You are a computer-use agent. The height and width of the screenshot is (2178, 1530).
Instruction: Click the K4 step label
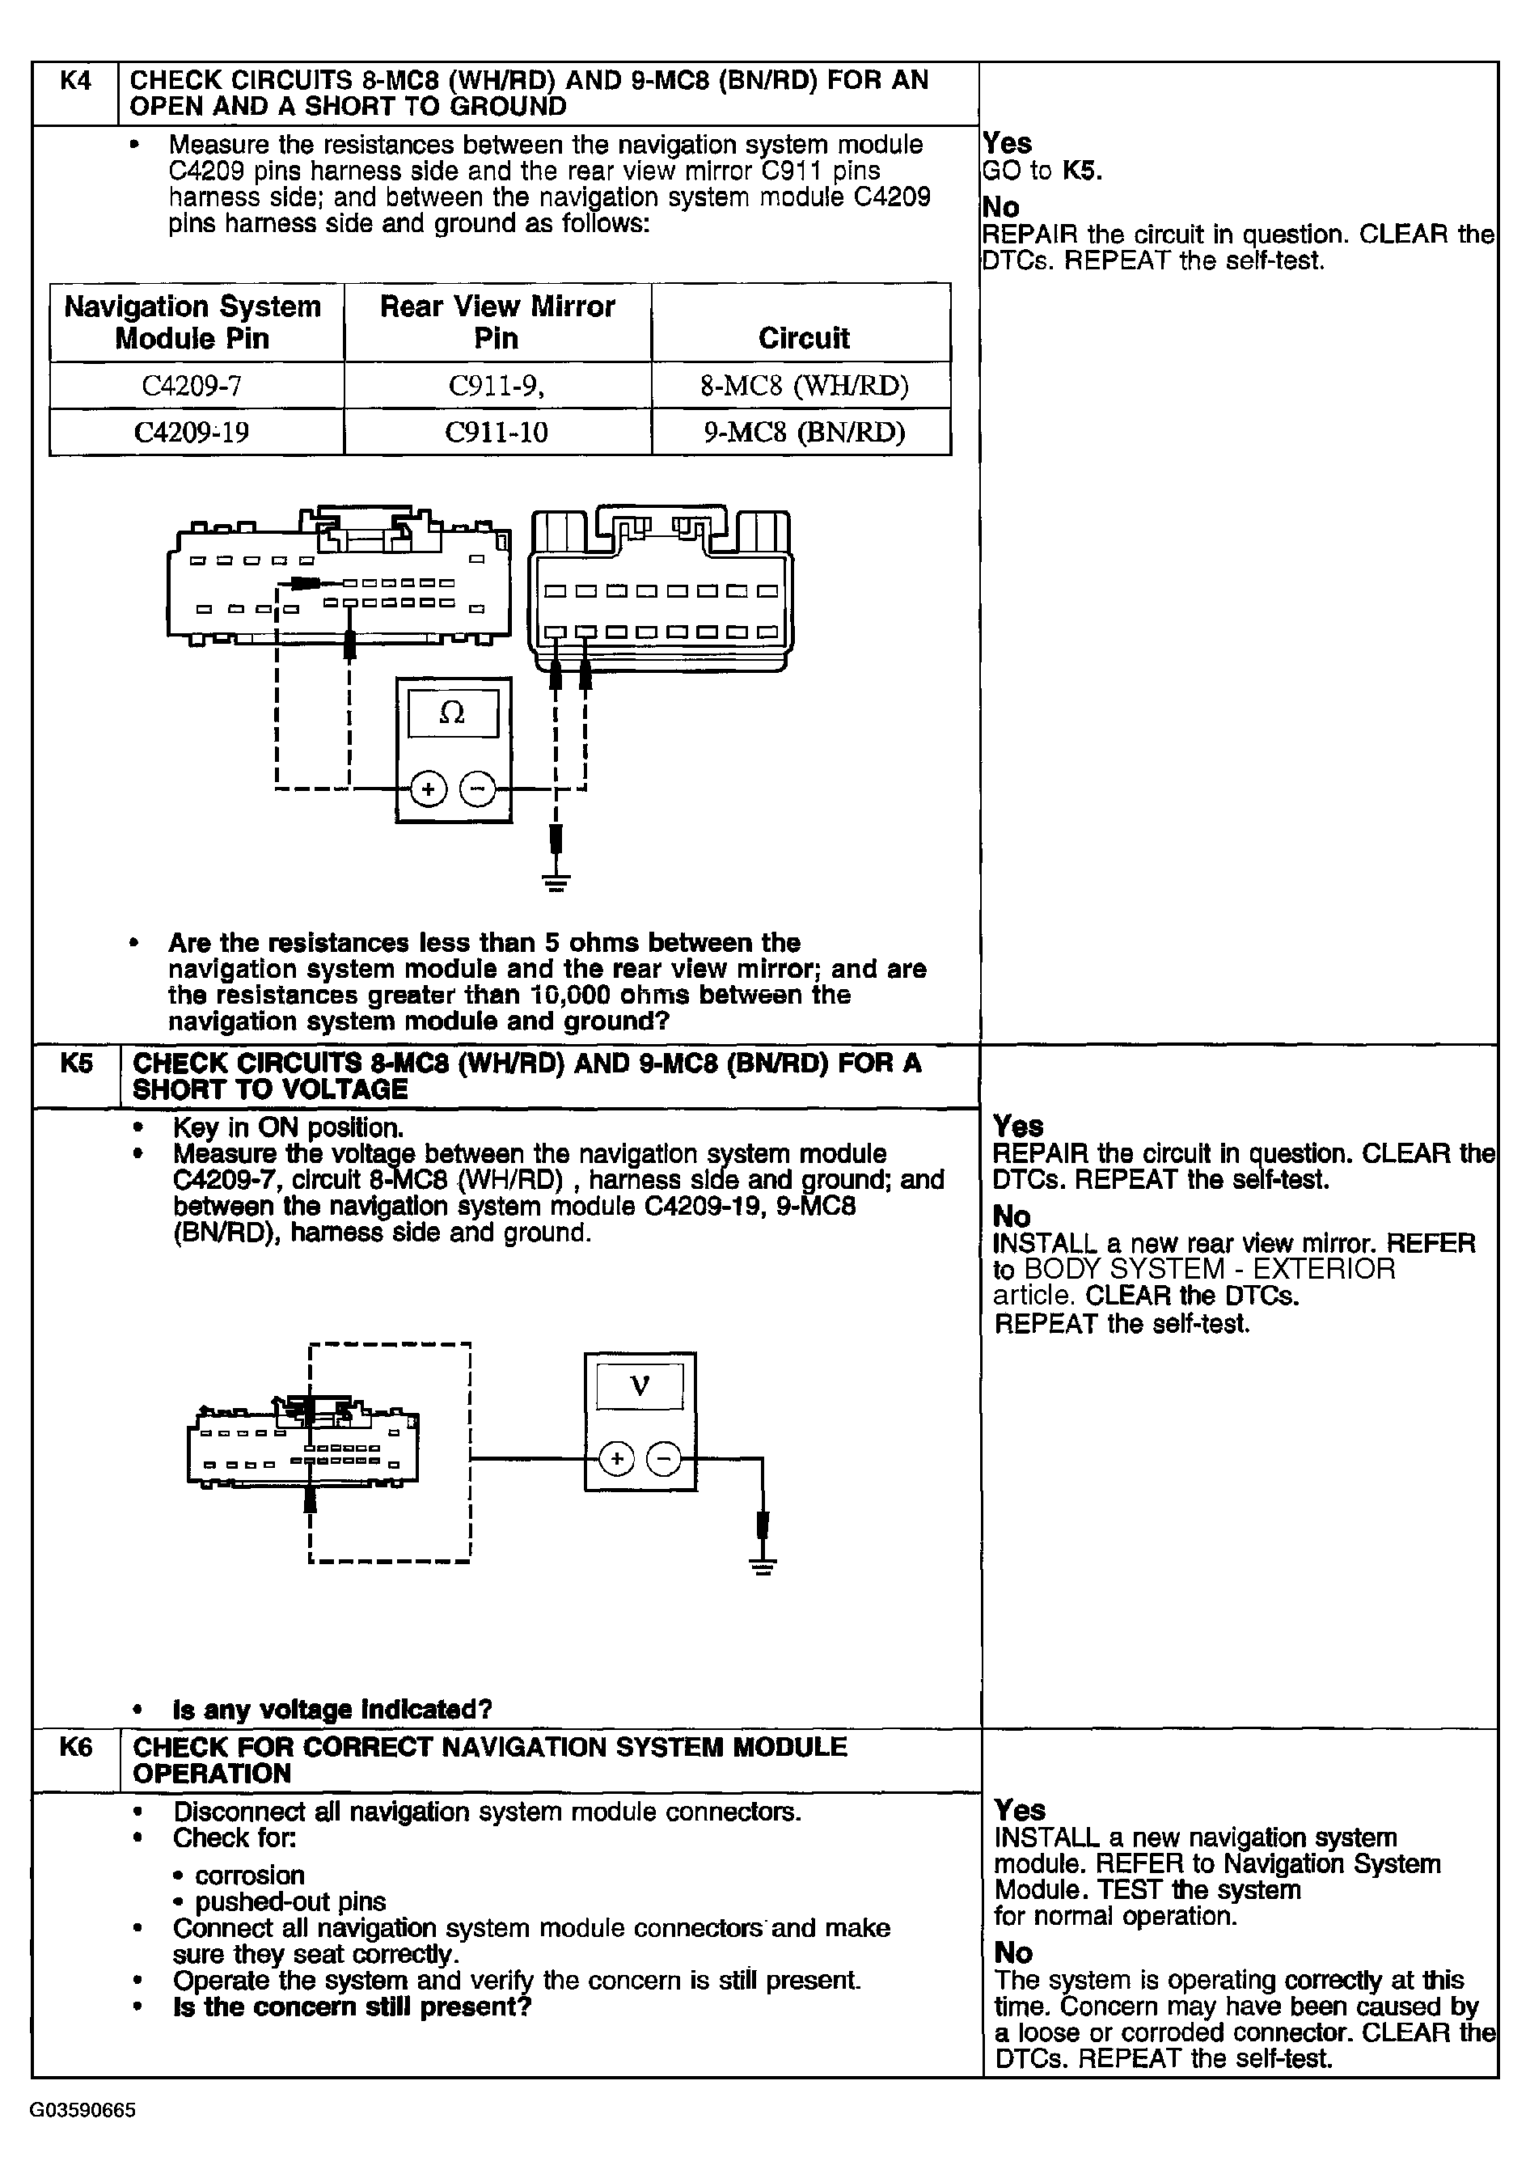click(x=75, y=82)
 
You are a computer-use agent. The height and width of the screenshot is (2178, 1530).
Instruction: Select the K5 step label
click(x=77, y=1064)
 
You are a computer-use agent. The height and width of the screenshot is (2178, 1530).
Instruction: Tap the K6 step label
click(x=76, y=1747)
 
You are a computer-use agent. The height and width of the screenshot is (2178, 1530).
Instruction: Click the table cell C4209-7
click(x=192, y=386)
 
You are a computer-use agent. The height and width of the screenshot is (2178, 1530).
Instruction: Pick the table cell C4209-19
click(x=192, y=433)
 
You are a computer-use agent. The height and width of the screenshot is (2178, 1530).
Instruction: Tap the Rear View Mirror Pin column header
click(x=497, y=322)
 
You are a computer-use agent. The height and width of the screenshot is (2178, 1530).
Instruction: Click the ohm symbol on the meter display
click(x=453, y=713)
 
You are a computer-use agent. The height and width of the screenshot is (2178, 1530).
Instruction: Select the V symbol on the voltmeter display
click(x=640, y=1387)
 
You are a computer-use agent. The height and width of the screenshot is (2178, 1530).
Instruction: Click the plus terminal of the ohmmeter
click(x=428, y=789)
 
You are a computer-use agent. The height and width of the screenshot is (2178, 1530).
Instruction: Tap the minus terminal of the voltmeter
click(x=663, y=1459)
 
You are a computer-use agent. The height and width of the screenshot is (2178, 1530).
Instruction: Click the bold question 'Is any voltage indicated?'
click(x=332, y=1711)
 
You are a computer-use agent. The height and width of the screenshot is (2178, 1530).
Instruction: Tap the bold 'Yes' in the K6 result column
click(x=1019, y=1810)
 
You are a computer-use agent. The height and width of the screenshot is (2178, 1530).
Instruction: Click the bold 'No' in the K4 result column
click(x=1000, y=207)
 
